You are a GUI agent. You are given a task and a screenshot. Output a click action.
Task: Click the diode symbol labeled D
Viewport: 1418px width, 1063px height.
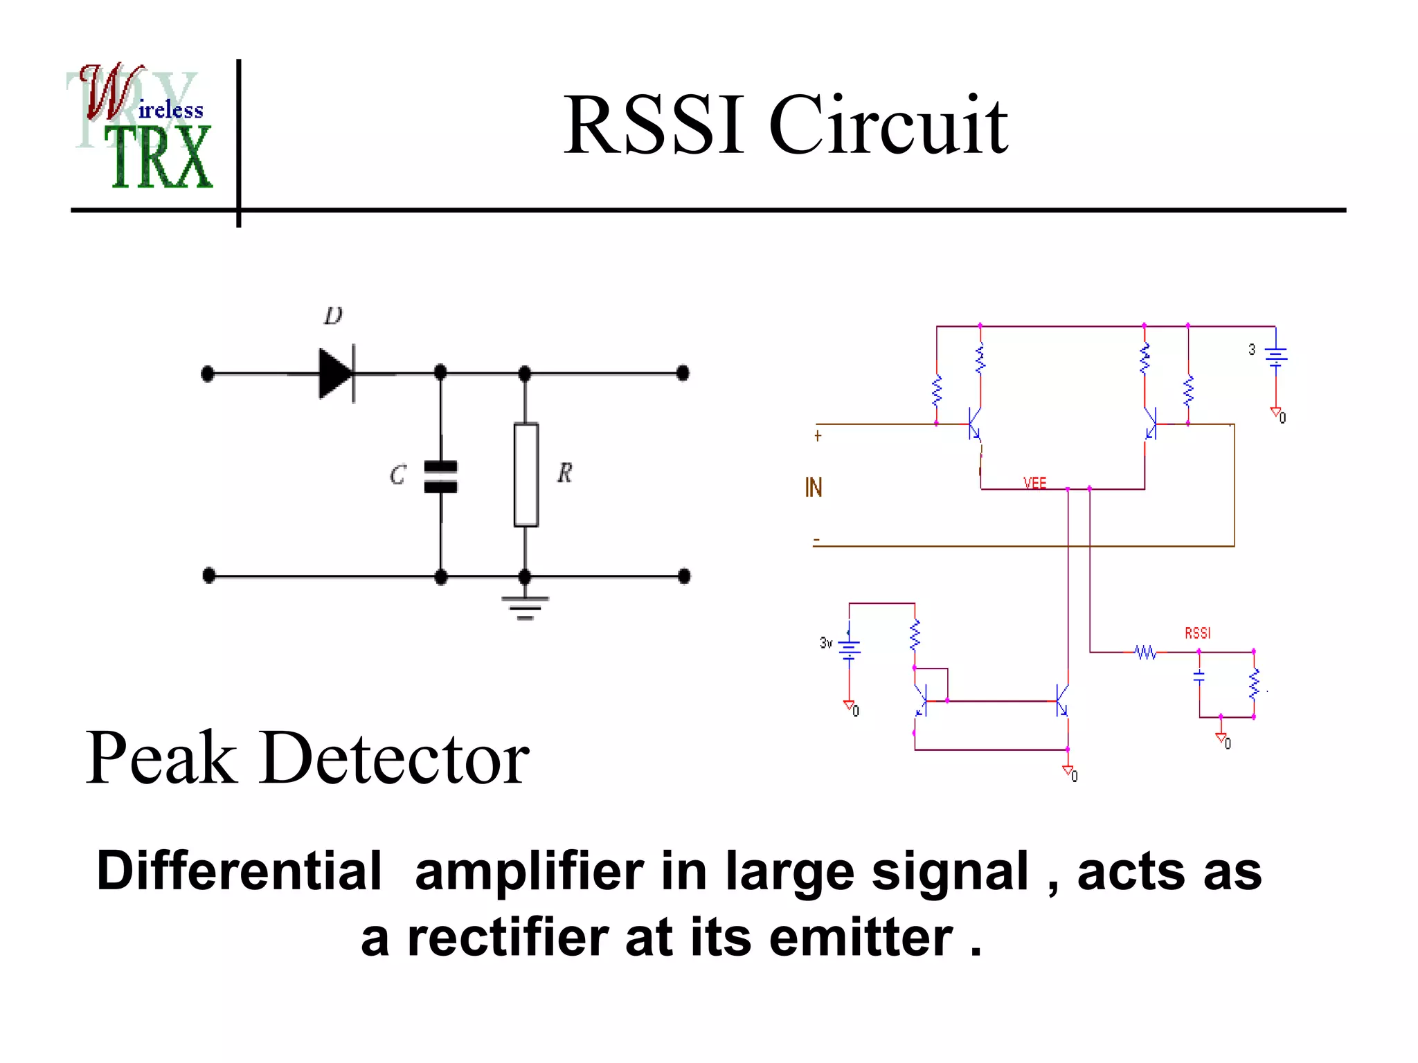click(336, 374)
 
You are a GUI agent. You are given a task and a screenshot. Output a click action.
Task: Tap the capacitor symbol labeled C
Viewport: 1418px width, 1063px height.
click(440, 477)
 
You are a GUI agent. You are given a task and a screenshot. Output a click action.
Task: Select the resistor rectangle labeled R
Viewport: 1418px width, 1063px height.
click(526, 475)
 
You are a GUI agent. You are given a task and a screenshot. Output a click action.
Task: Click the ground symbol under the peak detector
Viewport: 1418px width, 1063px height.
click(525, 607)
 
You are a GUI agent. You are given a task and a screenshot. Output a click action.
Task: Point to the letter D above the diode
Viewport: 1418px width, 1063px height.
click(333, 316)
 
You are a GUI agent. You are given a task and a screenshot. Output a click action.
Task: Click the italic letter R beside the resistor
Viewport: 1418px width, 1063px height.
click(564, 473)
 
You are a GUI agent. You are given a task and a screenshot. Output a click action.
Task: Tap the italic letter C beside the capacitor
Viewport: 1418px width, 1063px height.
click(397, 475)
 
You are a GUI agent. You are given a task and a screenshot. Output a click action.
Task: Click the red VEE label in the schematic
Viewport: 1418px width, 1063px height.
click(1034, 483)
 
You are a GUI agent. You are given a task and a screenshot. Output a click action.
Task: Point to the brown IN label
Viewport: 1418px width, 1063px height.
click(814, 488)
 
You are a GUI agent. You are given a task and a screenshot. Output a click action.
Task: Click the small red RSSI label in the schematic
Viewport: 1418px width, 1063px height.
click(1197, 633)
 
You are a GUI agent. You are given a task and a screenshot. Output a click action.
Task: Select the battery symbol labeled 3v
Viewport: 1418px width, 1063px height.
click(850, 648)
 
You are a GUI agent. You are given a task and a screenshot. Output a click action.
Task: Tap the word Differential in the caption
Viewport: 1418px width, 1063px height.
click(239, 871)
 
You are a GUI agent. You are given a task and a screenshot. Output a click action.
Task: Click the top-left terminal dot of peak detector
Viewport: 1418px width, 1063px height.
click(208, 374)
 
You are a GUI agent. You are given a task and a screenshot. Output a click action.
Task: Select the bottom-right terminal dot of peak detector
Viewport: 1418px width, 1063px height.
click(684, 576)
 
